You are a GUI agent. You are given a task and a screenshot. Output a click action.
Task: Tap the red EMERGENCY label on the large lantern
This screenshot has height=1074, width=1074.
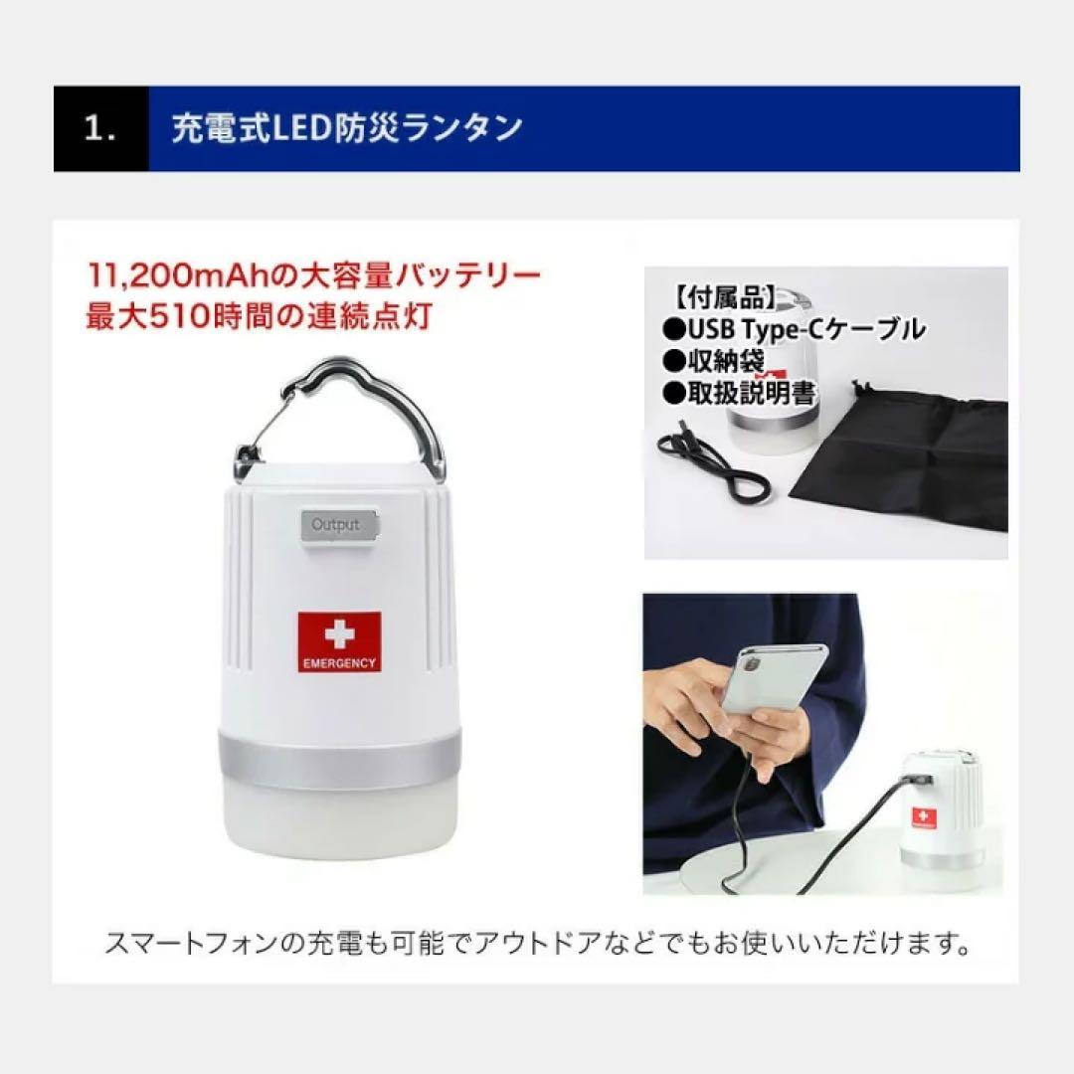click(339, 641)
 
